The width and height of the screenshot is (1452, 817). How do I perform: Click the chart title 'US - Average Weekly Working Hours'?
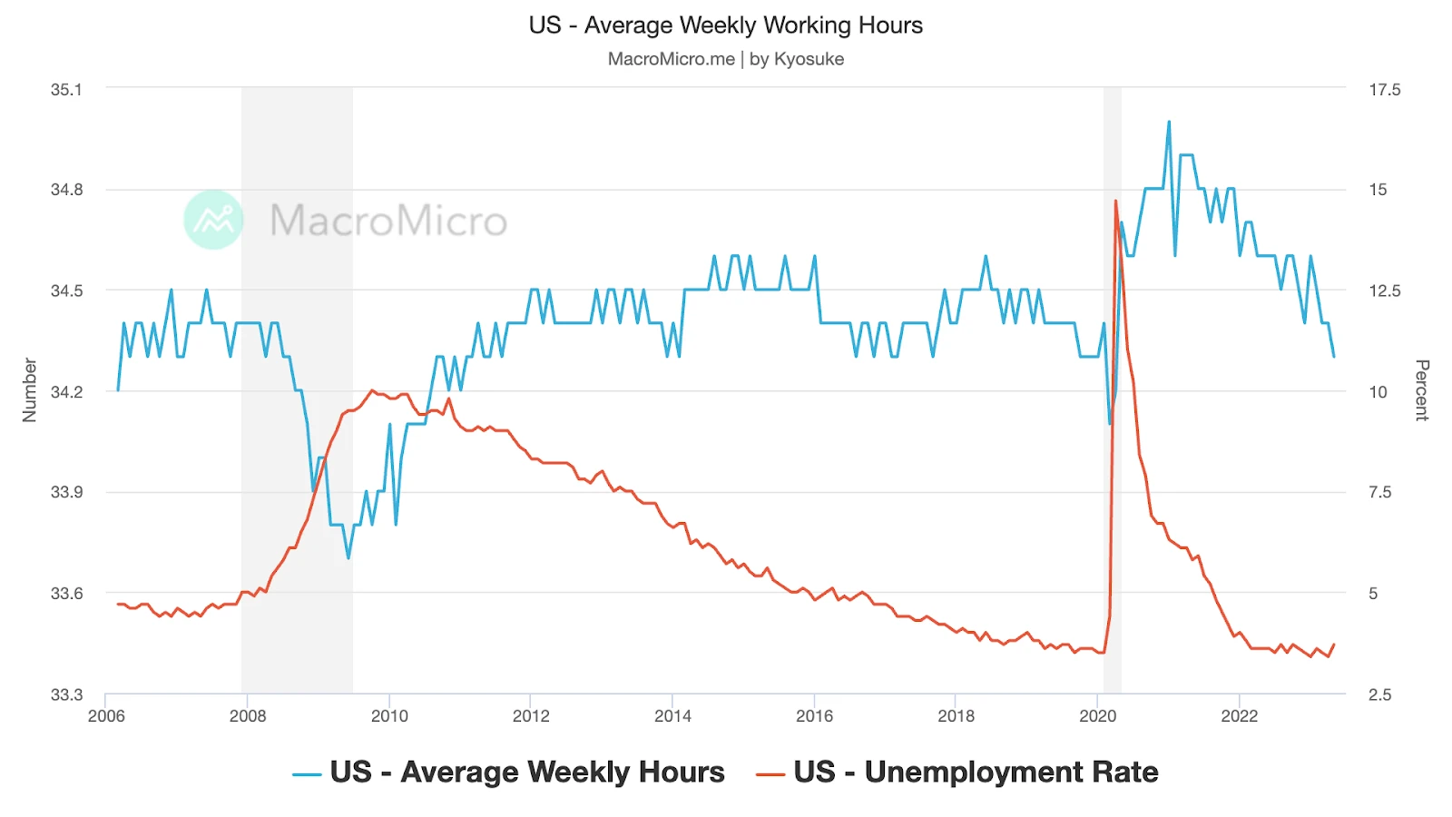click(x=725, y=25)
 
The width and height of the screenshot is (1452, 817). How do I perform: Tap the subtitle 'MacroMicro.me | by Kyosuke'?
click(x=725, y=59)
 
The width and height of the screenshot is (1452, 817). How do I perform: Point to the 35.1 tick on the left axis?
click(x=66, y=89)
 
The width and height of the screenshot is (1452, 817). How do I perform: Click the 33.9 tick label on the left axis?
click(x=66, y=492)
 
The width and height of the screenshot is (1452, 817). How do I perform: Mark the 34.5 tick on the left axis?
click(x=66, y=290)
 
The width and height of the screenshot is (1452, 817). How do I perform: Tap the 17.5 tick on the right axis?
click(x=1384, y=89)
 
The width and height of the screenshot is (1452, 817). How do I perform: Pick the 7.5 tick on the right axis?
click(x=1379, y=492)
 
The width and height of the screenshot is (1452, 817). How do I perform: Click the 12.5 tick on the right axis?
click(x=1384, y=290)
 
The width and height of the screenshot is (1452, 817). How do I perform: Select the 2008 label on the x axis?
click(x=248, y=715)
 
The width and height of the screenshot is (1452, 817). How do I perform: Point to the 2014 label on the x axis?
click(x=672, y=715)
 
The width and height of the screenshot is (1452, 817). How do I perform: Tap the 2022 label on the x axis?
click(x=1239, y=715)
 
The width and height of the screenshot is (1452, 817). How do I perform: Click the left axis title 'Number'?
click(x=30, y=389)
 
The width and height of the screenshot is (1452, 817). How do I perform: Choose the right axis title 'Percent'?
click(x=1421, y=389)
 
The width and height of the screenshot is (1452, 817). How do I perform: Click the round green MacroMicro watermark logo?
click(x=213, y=220)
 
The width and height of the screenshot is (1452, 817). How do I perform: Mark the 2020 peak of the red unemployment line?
click(x=1115, y=201)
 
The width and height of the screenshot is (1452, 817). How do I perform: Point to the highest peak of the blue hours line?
click(x=1169, y=122)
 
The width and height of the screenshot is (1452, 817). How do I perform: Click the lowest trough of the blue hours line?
click(x=348, y=557)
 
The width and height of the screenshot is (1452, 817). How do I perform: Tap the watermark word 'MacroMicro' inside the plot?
click(x=388, y=221)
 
